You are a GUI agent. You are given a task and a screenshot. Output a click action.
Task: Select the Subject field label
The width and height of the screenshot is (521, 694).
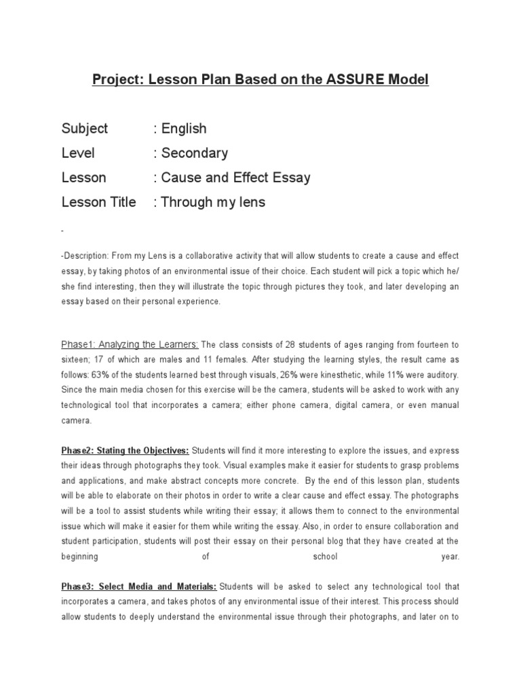(85, 129)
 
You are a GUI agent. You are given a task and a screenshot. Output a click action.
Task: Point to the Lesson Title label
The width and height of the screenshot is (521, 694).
(98, 202)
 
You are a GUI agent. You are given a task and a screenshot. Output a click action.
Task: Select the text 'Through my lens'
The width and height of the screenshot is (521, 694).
(214, 202)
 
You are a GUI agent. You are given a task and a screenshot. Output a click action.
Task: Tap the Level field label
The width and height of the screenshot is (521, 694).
(78, 153)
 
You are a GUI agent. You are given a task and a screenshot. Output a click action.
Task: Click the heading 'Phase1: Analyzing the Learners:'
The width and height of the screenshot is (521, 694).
(130, 344)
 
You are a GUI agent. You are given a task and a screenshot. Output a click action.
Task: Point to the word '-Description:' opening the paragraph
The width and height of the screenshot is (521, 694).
(85, 256)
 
